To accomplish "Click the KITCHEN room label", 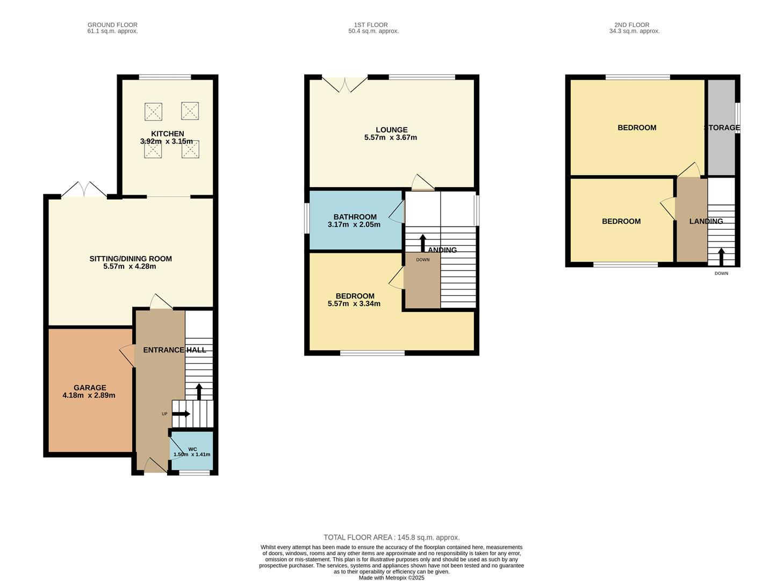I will point(167,133).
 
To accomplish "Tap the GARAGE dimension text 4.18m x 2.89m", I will point(89,395).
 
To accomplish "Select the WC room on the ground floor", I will point(192,451).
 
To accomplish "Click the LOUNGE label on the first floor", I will point(391,130).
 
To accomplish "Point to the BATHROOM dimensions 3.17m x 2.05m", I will point(354,224).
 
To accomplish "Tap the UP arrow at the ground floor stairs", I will point(181,414).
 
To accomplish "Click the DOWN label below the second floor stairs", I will point(721,273).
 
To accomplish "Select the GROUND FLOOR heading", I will point(112,25).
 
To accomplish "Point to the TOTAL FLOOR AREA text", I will point(391,537).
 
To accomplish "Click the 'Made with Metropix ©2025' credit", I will point(391,578).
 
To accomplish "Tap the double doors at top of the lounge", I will point(344,83).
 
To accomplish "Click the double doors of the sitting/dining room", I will point(84,190).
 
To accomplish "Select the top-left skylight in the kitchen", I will point(153,112).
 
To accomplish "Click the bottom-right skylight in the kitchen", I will point(190,150).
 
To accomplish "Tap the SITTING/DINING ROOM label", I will point(131,259).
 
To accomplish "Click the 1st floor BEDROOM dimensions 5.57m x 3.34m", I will point(354,303).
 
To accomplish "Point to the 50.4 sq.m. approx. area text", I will point(373,31).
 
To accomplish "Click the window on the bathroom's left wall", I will point(306,218).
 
